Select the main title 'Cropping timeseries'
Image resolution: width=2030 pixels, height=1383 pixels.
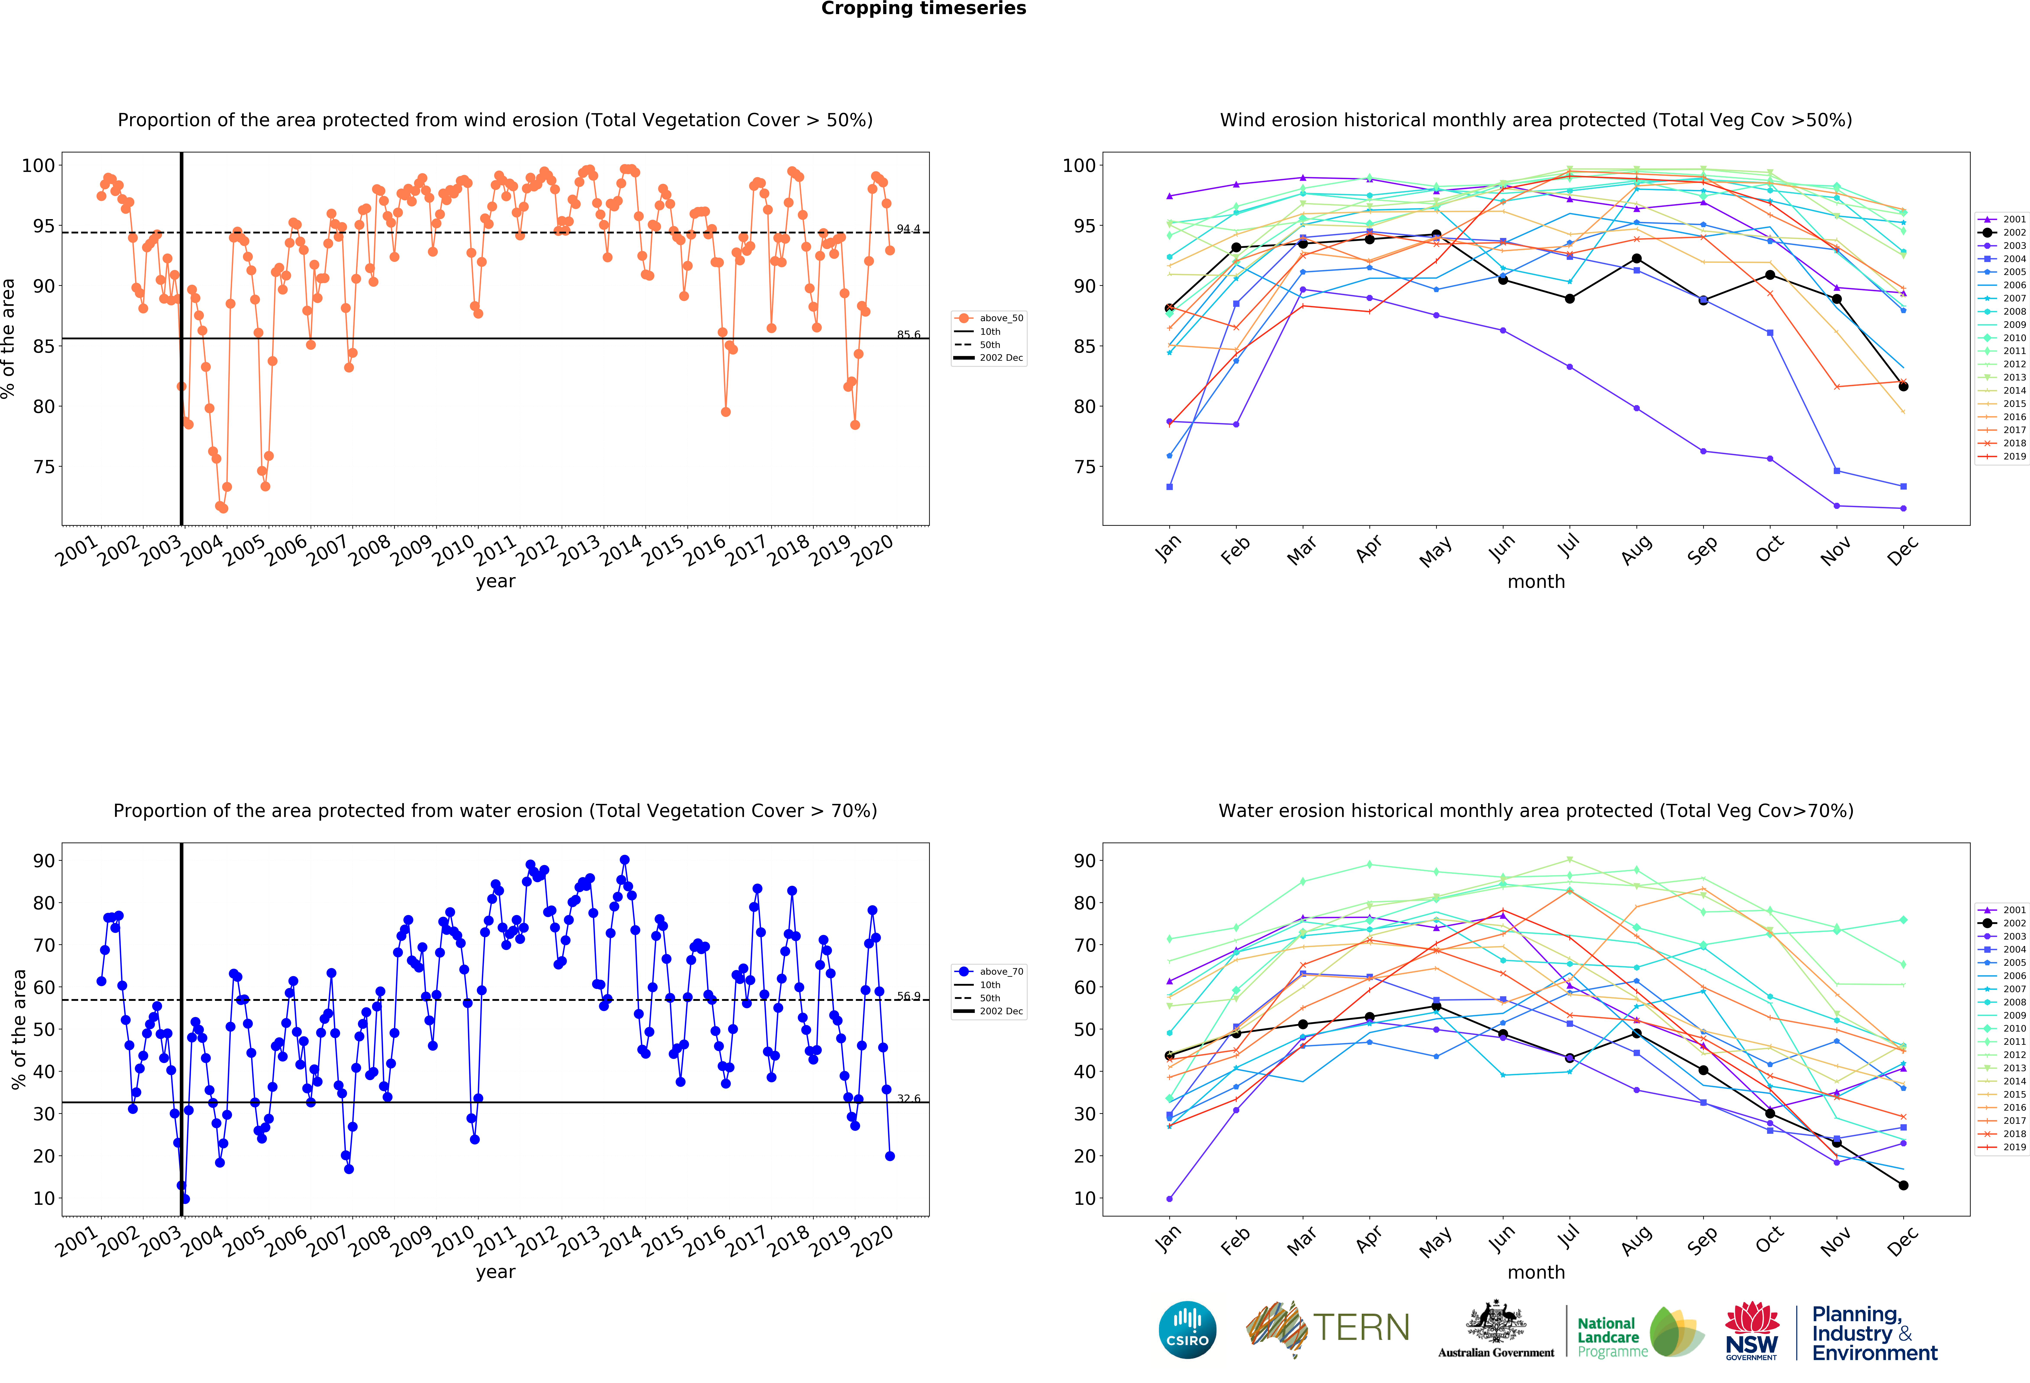tap(923, 9)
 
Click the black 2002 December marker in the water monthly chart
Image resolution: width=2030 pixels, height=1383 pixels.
tap(1903, 1185)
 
